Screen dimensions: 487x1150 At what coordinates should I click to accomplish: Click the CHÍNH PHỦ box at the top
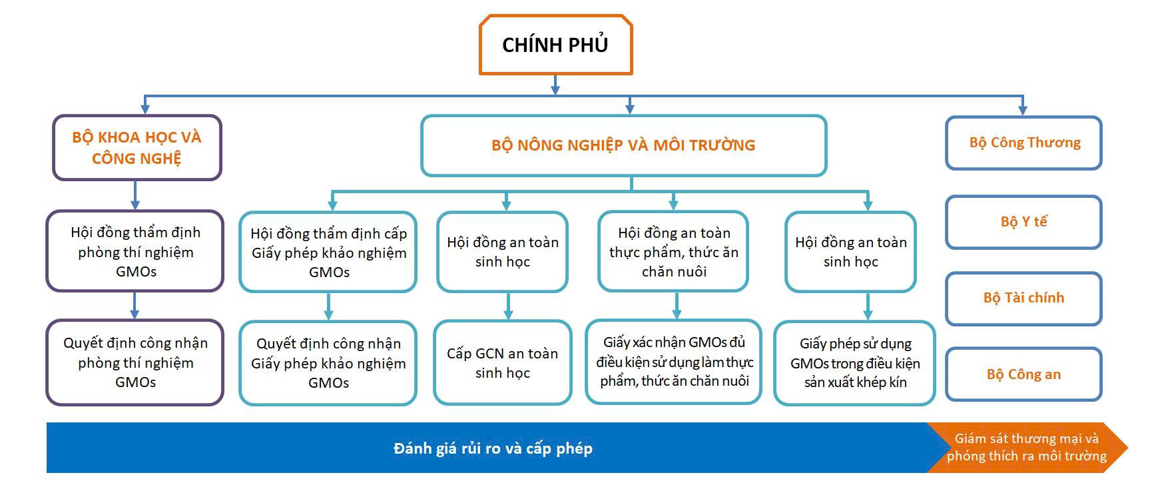[555, 45]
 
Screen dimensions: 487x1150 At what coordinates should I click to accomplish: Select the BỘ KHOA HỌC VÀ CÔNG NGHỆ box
[137, 147]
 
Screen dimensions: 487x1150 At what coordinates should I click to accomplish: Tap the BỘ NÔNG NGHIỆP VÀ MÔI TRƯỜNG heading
[623, 145]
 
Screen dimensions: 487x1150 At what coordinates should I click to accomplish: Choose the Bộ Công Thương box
[1023, 143]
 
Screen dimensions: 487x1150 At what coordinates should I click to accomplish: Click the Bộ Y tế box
[1023, 222]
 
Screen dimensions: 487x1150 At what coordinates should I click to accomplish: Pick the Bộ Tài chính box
[1023, 298]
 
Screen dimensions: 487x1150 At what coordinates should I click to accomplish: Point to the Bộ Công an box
[1023, 374]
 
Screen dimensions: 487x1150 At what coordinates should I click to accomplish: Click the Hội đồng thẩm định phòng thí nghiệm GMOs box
[135, 252]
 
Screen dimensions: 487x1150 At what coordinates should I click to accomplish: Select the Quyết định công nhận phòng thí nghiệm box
[135, 362]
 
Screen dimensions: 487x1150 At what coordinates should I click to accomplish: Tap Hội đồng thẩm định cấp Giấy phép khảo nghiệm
[328, 252]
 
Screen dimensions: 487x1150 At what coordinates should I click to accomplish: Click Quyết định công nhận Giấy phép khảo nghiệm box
[328, 363]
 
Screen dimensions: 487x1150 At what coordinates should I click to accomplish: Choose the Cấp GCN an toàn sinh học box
[502, 363]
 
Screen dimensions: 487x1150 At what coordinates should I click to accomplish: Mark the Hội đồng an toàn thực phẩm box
[673, 252]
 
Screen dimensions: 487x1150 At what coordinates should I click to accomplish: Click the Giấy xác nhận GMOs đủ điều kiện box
[674, 362]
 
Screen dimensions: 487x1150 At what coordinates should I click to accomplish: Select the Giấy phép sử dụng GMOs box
[855, 363]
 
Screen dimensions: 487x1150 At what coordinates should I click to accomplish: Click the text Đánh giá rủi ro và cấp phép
[493, 448]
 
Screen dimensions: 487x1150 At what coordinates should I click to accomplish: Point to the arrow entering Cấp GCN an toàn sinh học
[508, 313]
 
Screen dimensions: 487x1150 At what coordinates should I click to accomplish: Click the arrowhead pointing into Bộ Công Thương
[1023, 109]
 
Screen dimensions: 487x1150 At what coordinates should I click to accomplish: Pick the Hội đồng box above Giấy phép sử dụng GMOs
[850, 252]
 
